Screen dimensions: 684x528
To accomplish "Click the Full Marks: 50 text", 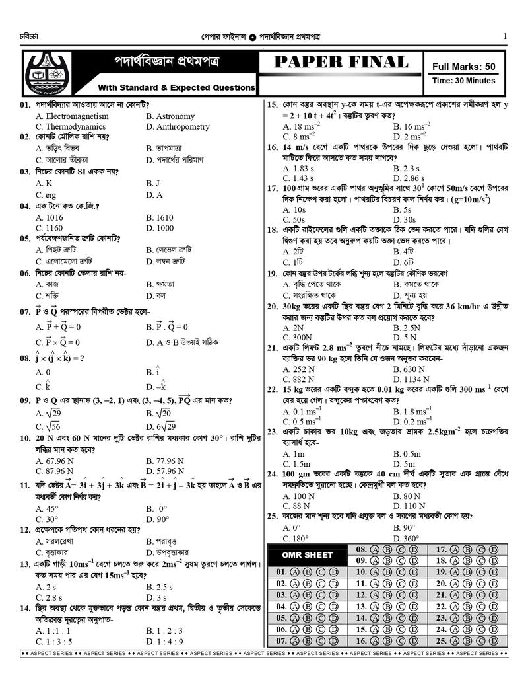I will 463,66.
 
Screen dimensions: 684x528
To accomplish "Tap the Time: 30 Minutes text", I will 463,81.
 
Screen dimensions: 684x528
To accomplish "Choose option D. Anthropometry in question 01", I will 178,126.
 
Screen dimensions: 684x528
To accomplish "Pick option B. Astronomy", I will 170,116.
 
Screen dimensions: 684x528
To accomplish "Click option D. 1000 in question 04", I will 160,228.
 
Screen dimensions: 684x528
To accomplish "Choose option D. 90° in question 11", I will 158,519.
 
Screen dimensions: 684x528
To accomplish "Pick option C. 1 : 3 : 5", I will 54,641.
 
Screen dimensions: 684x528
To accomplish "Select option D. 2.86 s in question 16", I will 409,178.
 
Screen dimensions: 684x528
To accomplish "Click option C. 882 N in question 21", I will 299,379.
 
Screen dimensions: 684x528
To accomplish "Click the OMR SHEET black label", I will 307,555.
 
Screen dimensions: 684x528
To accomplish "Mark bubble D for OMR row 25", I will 494,641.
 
